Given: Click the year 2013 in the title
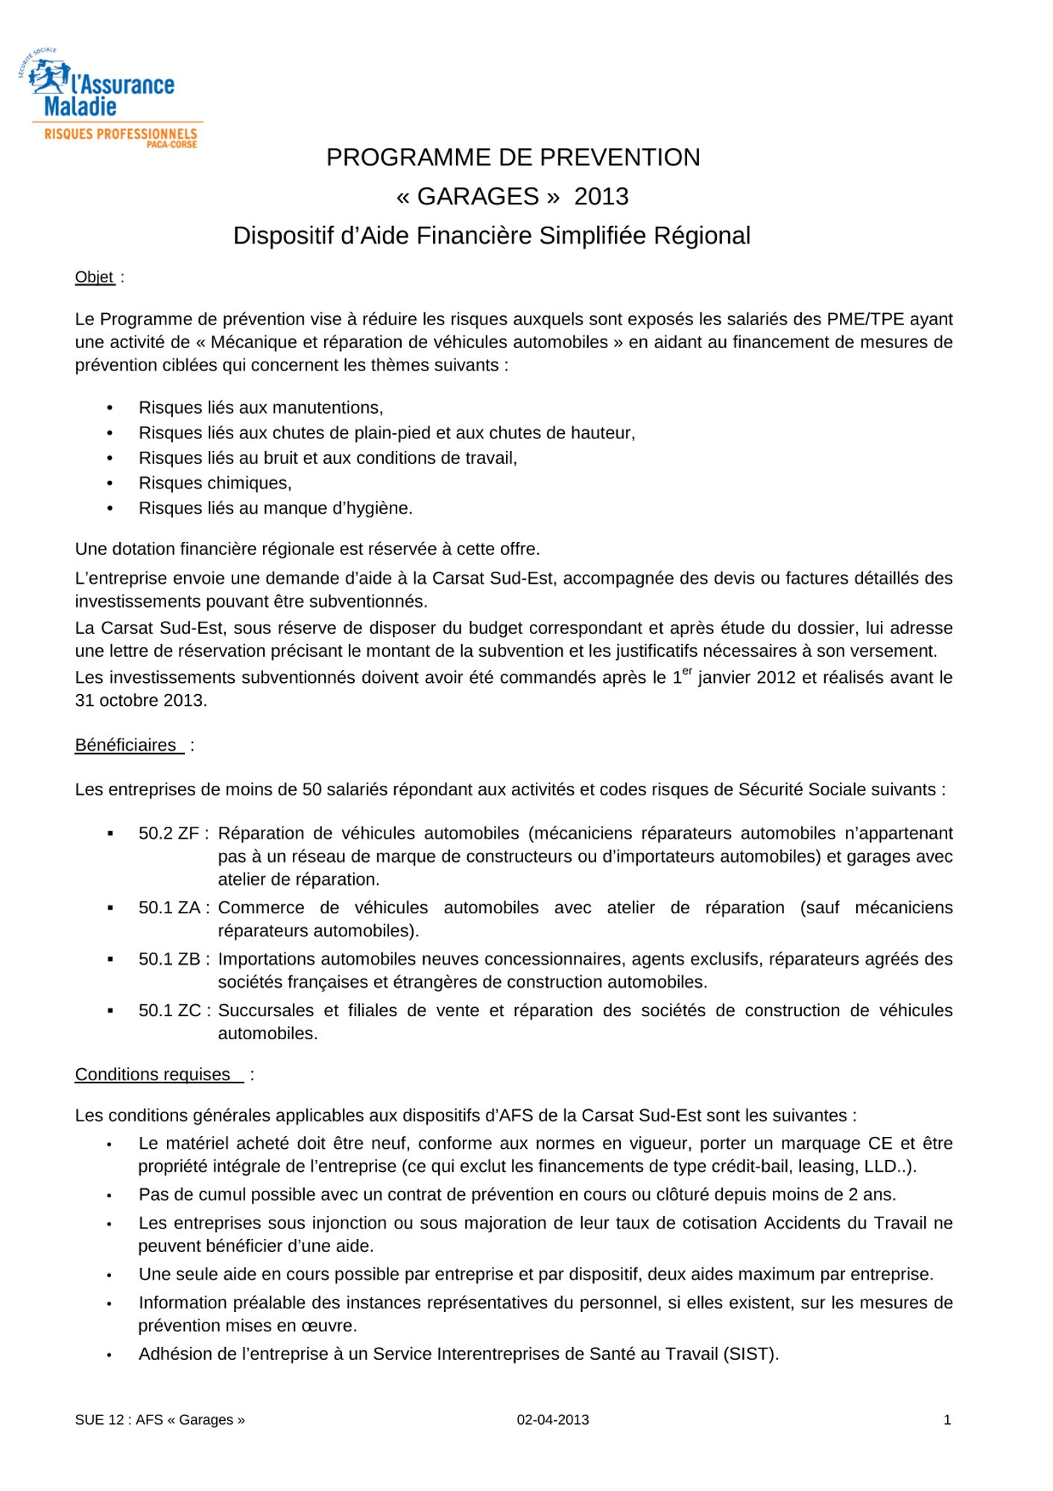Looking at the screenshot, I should (601, 197).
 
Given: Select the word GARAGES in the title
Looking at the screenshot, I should (478, 197).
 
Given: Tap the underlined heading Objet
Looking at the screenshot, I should (95, 277).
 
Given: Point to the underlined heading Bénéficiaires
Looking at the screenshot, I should (126, 745).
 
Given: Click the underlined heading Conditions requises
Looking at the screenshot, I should (153, 1074).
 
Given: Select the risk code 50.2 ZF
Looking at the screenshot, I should (169, 833).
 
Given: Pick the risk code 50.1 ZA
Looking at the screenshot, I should (169, 908).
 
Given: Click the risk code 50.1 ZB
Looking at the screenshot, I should (169, 959).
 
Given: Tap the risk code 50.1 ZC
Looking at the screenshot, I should (169, 1011).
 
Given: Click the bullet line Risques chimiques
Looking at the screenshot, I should (215, 483).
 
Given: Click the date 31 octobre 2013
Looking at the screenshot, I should (141, 701).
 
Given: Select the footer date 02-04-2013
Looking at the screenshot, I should (553, 1420).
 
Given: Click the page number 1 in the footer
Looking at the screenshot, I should (947, 1420).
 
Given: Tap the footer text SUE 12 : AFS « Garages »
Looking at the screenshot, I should (160, 1420).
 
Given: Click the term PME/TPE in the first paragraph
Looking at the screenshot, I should (865, 319).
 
